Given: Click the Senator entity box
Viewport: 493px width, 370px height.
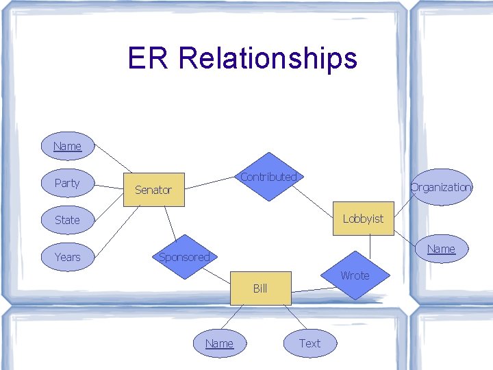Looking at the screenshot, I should [154, 190].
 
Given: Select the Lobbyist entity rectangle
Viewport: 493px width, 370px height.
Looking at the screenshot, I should [363, 219].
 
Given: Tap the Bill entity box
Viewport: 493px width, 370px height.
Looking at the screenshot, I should [260, 288].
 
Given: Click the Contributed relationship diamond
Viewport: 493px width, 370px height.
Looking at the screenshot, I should [268, 177].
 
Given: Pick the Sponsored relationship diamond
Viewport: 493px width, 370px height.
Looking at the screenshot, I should [184, 257].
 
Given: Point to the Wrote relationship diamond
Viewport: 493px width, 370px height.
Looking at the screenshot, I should [355, 275].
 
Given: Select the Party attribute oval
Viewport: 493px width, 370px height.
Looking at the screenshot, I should [67, 183].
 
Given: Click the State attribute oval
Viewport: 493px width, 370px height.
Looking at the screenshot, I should [67, 220].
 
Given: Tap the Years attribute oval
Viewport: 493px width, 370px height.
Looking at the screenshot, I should [67, 257].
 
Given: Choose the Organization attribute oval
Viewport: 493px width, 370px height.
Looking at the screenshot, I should [441, 187].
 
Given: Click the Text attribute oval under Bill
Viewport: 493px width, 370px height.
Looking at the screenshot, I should [309, 343].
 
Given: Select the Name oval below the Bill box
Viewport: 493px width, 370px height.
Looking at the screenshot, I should [219, 343].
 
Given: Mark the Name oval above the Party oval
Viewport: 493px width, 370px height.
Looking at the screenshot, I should [67, 146].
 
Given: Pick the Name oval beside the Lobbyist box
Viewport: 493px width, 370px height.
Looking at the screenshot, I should [441, 249].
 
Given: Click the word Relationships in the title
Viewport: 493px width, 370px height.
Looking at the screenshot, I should [268, 59].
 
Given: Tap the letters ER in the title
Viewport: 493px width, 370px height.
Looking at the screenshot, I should [149, 59].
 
